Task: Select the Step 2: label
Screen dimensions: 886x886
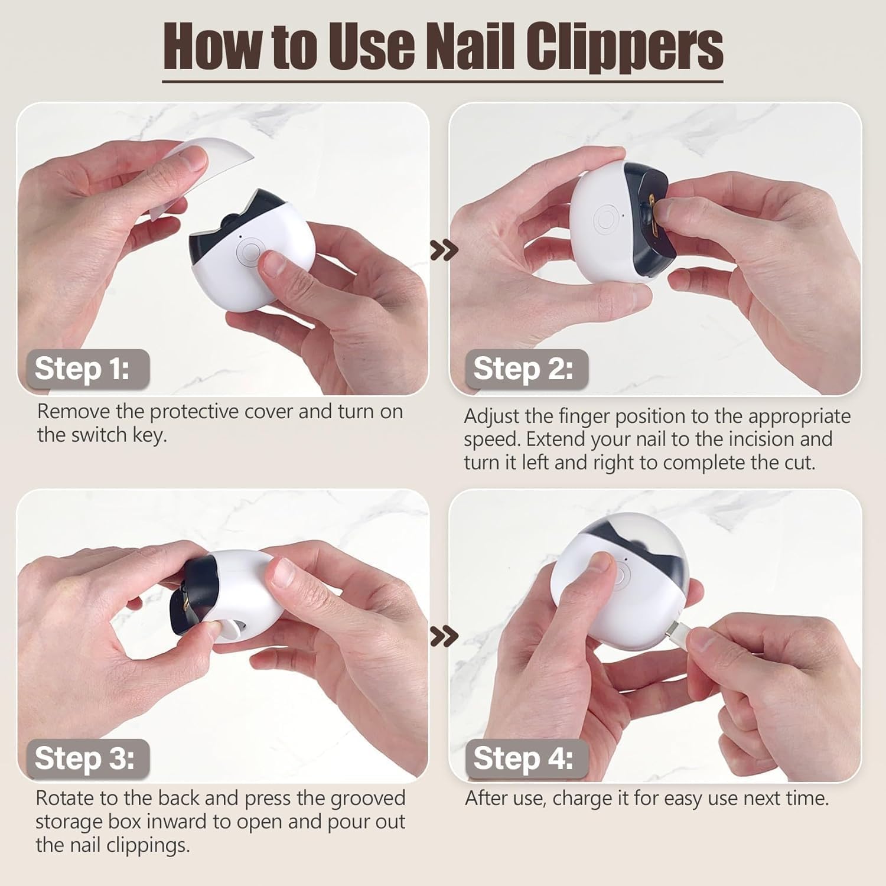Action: [523, 369]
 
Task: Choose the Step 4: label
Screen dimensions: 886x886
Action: [523, 758]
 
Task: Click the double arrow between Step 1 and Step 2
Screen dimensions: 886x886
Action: [444, 250]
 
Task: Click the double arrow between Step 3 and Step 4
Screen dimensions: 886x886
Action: [444, 637]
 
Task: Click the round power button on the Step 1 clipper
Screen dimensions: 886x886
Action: [249, 252]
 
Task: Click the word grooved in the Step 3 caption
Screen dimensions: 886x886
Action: [367, 799]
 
